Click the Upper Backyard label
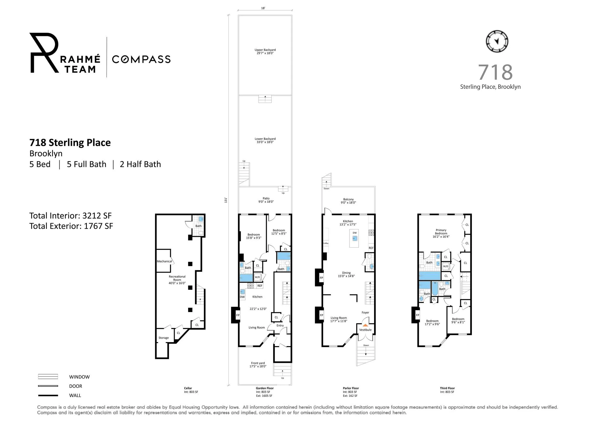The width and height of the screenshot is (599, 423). click(265, 50)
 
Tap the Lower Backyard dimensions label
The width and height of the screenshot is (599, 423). click(265, 142)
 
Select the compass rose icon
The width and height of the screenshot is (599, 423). click(497, 41)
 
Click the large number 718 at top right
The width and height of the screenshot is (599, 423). click(495, 72)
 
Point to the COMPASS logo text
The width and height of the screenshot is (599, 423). click(141, 59)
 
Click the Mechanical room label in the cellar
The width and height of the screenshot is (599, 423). click(164, 261)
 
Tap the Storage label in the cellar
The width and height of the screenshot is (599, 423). click(163, 338)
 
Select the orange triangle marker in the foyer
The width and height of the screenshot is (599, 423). click(365, 325)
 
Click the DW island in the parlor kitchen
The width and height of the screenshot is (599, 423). click(354, 238)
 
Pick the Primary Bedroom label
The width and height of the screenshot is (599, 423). click(441, 232)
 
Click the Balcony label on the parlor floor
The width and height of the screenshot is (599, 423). click(348, 200)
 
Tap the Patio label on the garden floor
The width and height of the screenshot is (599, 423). click(266, 199)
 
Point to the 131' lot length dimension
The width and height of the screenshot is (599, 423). click(226, 200)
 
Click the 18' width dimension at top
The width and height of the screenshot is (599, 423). click(263, 8)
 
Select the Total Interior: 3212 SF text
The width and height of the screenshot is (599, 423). click(70, 216)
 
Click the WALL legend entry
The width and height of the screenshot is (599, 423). click(75, 396)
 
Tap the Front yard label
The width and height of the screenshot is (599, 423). click(258, 363)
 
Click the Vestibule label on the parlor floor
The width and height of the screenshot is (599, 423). click(365, 330)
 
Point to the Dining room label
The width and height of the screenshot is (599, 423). click(346, 273)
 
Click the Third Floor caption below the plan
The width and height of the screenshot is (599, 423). click(447, 388)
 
